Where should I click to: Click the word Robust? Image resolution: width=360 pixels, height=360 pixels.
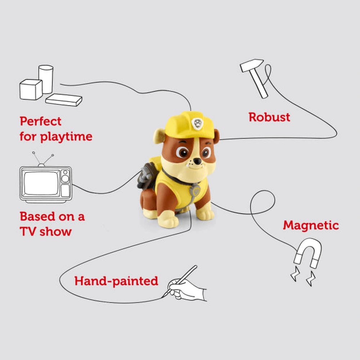click(269, 117)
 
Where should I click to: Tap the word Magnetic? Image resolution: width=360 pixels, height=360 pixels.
click(311, 225)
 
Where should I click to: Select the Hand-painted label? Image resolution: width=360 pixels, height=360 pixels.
click(116, 281)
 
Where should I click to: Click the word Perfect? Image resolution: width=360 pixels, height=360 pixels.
click(40, 121)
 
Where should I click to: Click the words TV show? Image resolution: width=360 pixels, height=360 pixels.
click(45, 231)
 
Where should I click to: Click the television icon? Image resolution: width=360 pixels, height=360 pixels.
click(46, 183)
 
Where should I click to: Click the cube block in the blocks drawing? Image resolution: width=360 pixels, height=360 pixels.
click(31, 89)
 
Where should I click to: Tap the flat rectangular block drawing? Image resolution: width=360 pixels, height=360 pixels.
click(64, 100)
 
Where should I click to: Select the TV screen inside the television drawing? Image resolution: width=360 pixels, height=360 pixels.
click(41, 183)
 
